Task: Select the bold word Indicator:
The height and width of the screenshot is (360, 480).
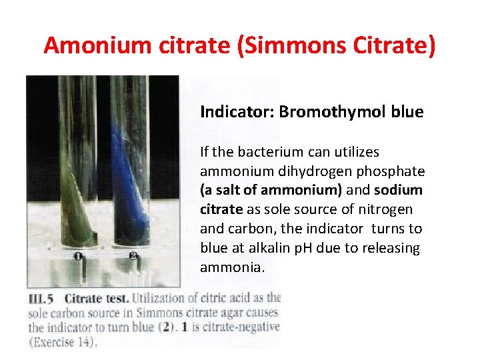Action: pyautogui.click(x=237, y=111)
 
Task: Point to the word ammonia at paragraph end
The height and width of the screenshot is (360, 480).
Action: pyautogui.click(x=231, y=267)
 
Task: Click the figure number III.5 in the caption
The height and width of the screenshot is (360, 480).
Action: pyautogui.click(x=41, y=299)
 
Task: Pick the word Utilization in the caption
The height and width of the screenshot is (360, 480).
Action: pyautogui.click(x=163, y=299)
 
